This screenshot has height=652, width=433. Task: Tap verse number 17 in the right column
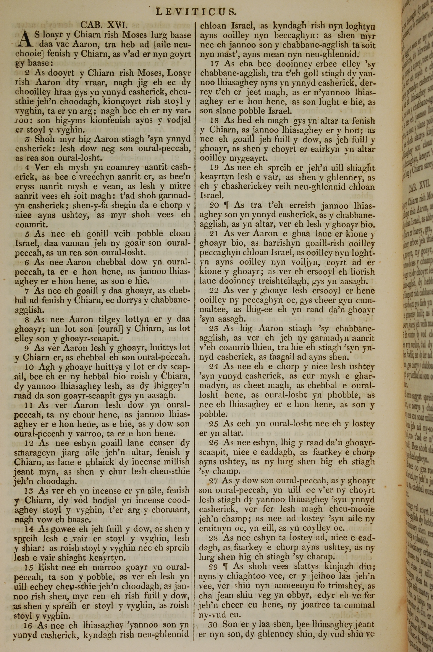tap(215, 64)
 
